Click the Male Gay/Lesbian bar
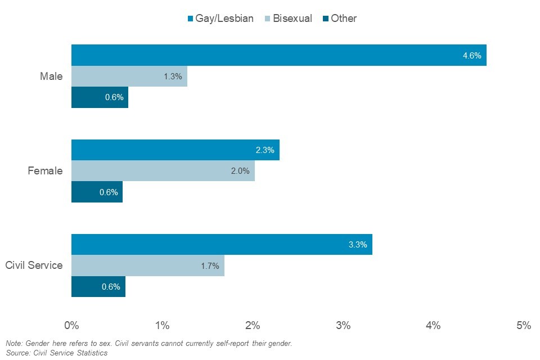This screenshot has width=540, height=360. click(278, 55)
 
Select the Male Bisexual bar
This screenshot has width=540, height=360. click(129, 76)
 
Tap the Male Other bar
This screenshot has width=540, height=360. click(100, 97)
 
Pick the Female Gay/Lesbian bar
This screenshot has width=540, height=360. click(175, 150)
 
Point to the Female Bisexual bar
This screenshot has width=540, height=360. click(163, 171)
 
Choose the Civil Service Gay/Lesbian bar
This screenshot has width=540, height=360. click(222, 245)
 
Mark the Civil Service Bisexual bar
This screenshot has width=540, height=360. click(147, 265)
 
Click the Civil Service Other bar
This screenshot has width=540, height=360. click(98, 286)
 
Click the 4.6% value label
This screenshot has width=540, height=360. click(471, 56)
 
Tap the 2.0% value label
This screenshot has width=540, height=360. click(240, 171)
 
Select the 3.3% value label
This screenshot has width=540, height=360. click(358, 245)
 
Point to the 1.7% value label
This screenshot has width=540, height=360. click(210, 265)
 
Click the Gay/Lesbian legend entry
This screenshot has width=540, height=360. click(220, 19)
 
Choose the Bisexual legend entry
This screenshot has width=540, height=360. click(288, 19)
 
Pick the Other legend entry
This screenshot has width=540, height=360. click(339, 19)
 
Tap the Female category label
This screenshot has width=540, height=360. click(45, 171)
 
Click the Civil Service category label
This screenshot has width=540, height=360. click(34, 265)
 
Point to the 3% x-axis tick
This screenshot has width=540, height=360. click(343, 325)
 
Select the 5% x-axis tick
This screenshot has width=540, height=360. click(524, 325)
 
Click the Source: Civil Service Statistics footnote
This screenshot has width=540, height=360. click(56, 353)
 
